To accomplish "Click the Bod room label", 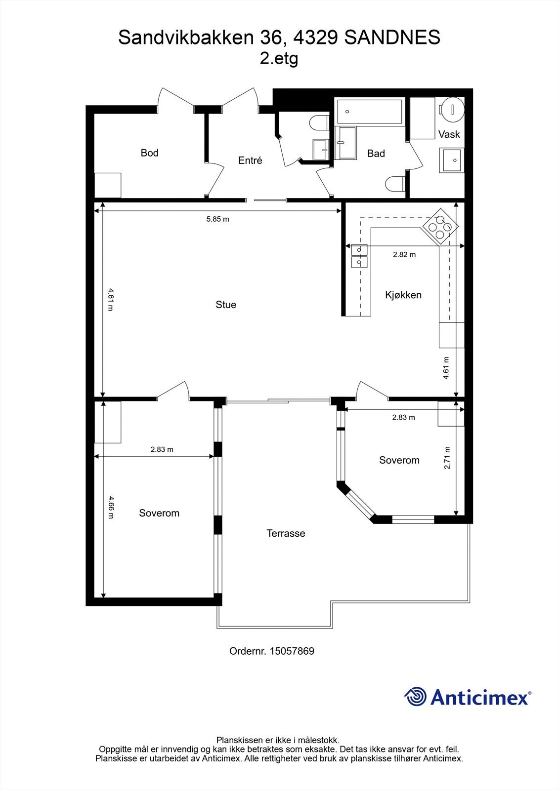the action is pos(149,153).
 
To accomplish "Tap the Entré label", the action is pos(250,160).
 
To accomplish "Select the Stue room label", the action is pos(226,304).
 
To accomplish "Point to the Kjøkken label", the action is pos(403,295).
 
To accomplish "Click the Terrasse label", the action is pos(286,533).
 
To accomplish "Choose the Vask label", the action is pos(449,134).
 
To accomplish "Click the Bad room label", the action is pos(376,154).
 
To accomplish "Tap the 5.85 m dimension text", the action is pos(217,219).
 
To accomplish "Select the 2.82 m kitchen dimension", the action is pos(404,254).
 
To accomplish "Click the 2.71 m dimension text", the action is pos(447,458).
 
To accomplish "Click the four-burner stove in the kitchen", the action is pos(440,227).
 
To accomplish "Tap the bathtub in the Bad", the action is pos(369,112).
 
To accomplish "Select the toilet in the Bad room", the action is pos(395,184).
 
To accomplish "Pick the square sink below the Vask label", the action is pos(452,160).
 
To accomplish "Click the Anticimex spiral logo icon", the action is pos(415,697).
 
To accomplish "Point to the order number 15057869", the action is pos(292,651).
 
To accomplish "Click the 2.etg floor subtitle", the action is pos(279,59).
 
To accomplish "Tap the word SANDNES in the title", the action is pos(392,38).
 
